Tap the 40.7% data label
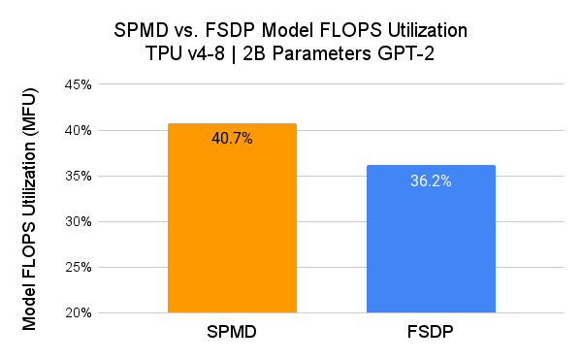click(x=232, y=139)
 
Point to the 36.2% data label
click(x=431, y=180)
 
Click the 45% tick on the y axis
click(x=79, y=84)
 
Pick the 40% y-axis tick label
click(x=79, y=130)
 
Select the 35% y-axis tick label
click(x=79, y=176)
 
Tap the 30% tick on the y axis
click(x=79, y=221)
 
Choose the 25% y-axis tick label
click(x=79, y=267)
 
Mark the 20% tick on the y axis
click(x=79, y=312)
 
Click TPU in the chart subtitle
click(x=160, y=52)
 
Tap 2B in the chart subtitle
click(x=256, y=52)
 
